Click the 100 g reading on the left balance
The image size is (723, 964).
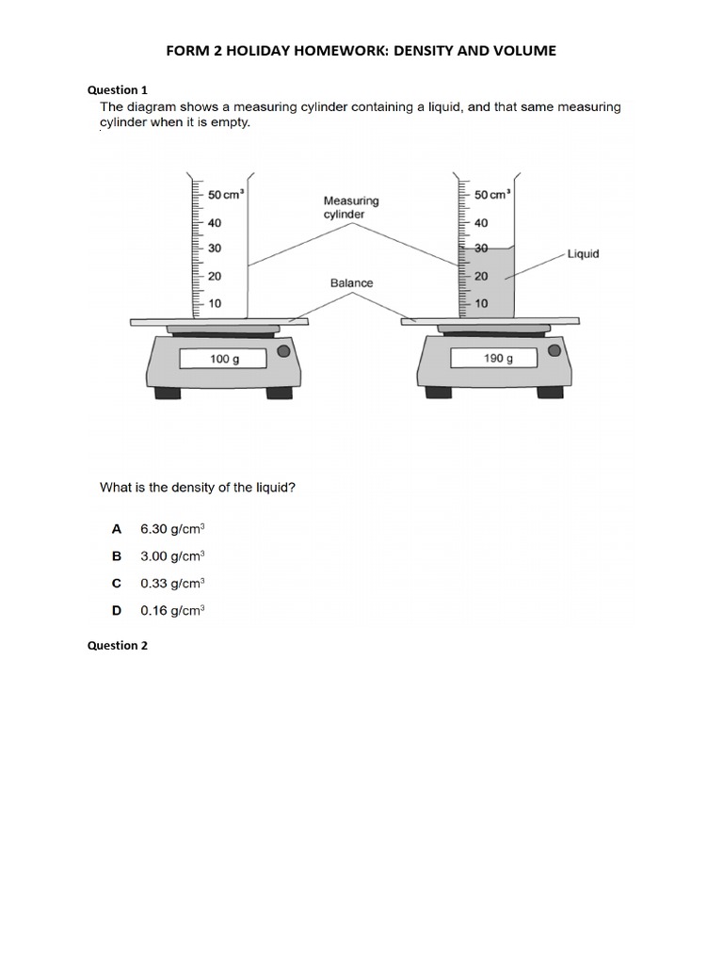tap(224, 359)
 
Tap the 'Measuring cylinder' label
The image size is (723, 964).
tap(351, 207)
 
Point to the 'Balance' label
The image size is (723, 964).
tap(351, 282)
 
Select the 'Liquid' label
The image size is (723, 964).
tap(583, 254)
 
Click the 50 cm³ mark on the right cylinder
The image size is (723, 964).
tap(492, 195)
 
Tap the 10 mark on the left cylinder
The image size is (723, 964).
tap(215, 303)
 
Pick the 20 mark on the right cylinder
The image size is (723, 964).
tap(481, 276)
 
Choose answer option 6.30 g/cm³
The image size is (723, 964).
tap(172, 529)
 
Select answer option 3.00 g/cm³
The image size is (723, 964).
tap(172, 556)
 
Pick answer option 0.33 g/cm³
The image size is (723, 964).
tap(172, 584)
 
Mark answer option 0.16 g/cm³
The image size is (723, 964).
tap(172, 611)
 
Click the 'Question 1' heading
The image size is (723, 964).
tap(118, 90)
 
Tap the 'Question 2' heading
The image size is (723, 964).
tap(118, 646)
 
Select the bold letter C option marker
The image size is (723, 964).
tap(117, 584)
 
